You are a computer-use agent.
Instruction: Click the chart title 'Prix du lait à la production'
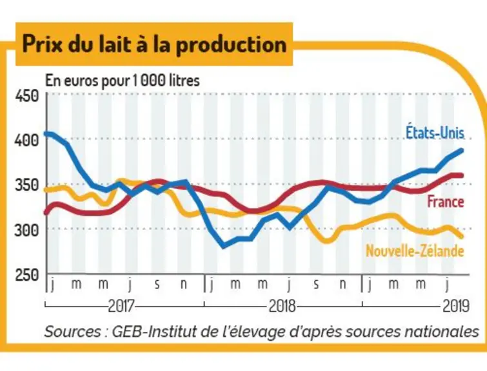[x=154, y=44]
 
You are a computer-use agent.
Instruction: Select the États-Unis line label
[x=435, y=133]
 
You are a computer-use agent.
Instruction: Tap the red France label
[x=446, y=202]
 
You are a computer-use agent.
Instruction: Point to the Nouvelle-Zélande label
[x=415, y=251]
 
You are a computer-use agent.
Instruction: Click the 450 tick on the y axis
[x=27, y=96]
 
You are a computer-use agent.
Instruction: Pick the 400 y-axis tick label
[x=27, y=140]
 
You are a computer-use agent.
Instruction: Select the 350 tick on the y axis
[x=27, y=185]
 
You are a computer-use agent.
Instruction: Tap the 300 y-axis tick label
[x=27, y=230]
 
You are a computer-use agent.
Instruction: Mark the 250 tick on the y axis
[x=27, y=275]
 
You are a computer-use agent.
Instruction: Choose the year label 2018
[x=282, y=306]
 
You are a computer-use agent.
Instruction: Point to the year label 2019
[x=455, y=306]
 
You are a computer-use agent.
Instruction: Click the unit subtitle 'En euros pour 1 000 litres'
[x=123, y=81]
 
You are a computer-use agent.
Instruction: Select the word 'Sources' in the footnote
[x=72, y=332]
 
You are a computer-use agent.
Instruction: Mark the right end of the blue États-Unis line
[x=462, y=151]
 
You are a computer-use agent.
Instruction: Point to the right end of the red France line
[x=462, y=176]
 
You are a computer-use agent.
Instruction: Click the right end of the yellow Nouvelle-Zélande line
[x=462, y=236]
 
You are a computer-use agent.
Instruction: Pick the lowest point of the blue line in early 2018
[x=224, y=247]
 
